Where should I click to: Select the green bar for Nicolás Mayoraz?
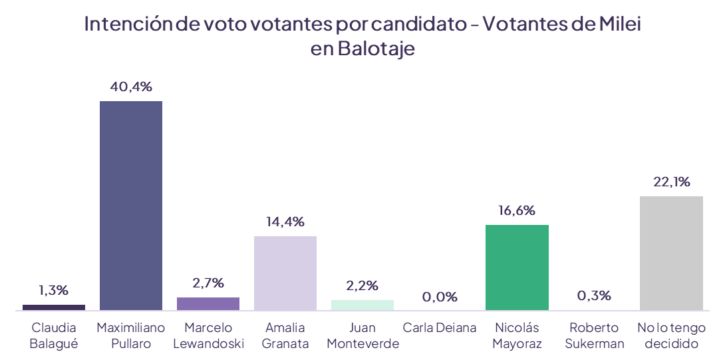517,267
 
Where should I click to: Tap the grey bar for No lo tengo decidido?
670,253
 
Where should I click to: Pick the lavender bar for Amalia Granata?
285,273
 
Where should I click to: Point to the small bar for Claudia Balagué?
54,307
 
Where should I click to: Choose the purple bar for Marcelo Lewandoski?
208,303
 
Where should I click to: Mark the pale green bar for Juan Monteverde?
362,305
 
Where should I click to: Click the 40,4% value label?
131,87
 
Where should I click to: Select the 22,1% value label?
670,182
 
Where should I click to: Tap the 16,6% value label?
517,210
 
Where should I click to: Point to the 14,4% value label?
285,222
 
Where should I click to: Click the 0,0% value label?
440,297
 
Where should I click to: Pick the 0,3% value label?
594,295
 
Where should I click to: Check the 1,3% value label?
54,291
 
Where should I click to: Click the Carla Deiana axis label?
440,328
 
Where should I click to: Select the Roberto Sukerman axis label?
594,336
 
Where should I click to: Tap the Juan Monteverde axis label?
362,336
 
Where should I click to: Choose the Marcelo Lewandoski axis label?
208,336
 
